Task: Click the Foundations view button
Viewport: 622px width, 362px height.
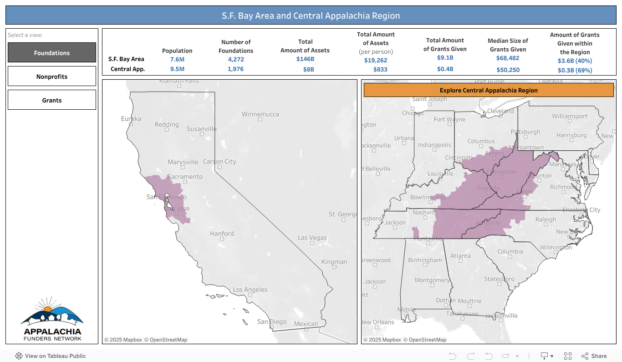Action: (52, 53)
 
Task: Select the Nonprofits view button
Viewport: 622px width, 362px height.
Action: (52, 76)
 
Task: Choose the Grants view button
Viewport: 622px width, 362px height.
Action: (52, 100)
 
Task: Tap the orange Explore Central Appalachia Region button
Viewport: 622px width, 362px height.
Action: (489, 90)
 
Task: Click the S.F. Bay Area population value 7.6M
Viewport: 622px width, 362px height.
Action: (178, 60)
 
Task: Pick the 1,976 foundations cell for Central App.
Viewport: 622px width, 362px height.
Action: (235, 69)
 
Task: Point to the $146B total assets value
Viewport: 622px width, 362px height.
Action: (305, 59)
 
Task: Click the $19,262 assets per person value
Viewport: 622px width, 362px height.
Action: (376, 60)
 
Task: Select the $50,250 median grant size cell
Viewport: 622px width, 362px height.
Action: (508, 70)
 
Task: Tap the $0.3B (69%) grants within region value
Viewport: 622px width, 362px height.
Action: (575, 70)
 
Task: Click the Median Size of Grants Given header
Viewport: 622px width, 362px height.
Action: (508, 45)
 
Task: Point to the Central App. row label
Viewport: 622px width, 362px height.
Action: (127, 69)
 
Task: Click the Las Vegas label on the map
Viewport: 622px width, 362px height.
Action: (312, 238)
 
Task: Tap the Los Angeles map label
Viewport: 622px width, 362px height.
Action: (250, 290)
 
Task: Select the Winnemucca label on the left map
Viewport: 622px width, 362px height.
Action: (260, 114)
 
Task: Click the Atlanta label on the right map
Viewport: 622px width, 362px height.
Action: (460, 256)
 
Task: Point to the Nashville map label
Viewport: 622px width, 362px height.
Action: (425, 212)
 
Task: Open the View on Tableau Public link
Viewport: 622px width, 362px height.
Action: (51, 356)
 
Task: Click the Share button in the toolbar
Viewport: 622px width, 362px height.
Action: (594, 356)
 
